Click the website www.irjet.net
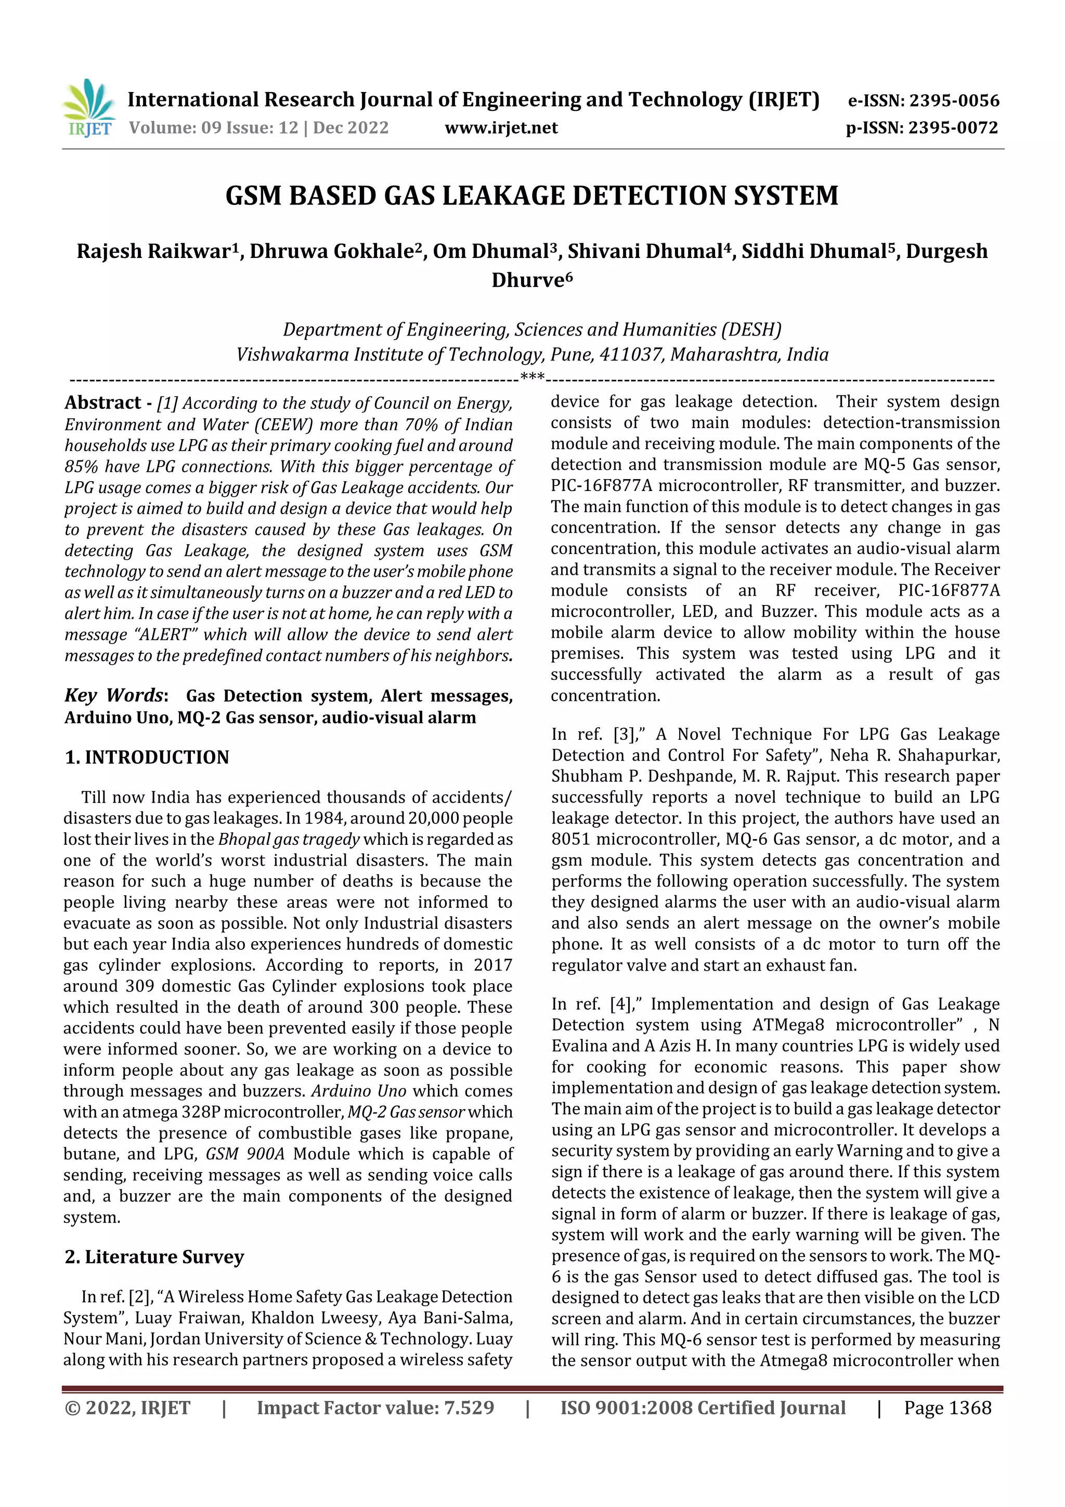[501, 128]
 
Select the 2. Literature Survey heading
[154, 1256]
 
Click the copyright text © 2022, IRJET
[127, 1408]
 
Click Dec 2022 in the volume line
[350, 128]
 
